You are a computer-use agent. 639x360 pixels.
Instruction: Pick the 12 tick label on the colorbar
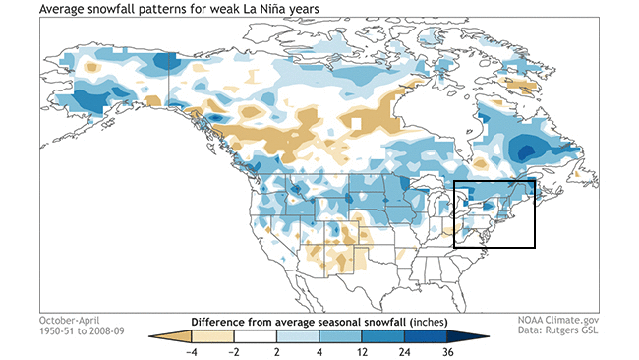coord(364,351)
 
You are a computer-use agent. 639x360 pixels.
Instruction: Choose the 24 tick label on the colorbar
coord(406,351)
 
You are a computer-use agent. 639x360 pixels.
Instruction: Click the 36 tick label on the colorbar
coord(448,351)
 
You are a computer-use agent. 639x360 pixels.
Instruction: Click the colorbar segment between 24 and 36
coord(428,337)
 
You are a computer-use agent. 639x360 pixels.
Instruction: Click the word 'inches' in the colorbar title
coord(429,322)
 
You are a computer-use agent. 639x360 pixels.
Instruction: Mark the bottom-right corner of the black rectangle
coord(533,247)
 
